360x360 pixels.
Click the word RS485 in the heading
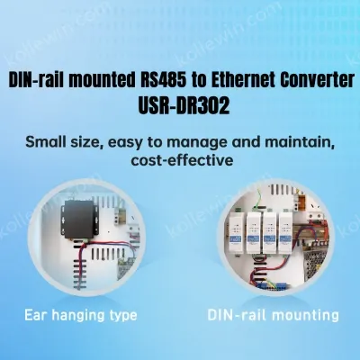163,80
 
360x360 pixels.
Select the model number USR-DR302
184,105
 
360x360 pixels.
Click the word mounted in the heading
101,80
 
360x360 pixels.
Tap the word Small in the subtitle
44,142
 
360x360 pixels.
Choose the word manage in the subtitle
197,143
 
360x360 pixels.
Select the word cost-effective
182,160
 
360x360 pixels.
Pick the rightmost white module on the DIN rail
287,232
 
